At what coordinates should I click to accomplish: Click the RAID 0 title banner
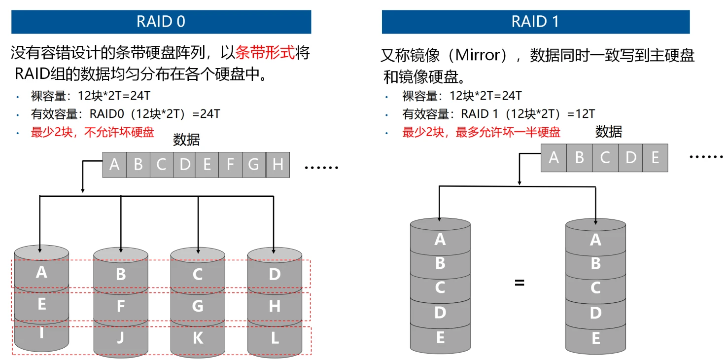pyautogui.click(x=161, y=22)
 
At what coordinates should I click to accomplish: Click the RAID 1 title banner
pyautogui.click(x=535, y=22)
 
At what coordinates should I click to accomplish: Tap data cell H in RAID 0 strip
pyautogui.click(x=277, y=165)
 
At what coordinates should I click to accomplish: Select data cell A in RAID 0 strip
pyautogui.click(x=114, y=165)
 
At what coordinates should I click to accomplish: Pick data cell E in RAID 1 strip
pyautogui.click(x=655, y=158)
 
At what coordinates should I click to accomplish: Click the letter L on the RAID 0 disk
pyautogui.click(x=275, y=338)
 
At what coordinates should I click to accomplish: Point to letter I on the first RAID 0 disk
pyautogui.click(x=41, y=334)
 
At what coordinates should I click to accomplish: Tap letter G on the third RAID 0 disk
pyautogui.click(x=198, y=306)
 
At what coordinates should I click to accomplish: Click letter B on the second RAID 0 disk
pyautogui.click(x=121, y=274)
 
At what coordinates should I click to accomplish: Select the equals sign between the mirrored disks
pyautogui.click(x=519, y=284)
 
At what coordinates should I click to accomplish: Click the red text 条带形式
pyautogui.click(x=265, y=53)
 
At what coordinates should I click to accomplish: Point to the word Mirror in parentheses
pyautogui.click(x=478, y=55)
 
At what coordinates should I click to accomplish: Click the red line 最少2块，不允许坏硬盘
pyautogui.click(x=92, y=132)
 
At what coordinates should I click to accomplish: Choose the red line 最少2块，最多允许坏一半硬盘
pyautogui.click(x=481, y=132)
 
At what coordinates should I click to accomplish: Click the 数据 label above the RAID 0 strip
pyautogui.click(x=186, y=140)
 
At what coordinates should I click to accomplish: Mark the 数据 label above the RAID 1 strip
pyautogui.click(x=609, y=132)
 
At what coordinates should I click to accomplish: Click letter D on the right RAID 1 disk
pyautogui.click(x=595, y=313)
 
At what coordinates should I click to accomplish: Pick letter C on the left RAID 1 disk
pyautogui.click(x=440, y=287)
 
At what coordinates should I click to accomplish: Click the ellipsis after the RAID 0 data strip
pyautogui.click(x=321, y=168)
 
